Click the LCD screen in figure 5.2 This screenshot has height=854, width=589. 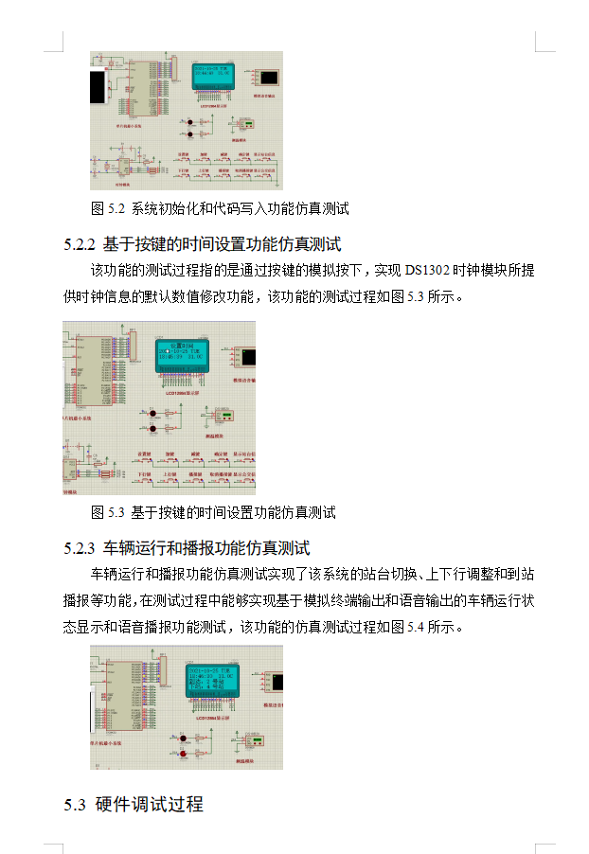(x=218, y=77)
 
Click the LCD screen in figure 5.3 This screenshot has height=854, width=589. (x=182, y=354)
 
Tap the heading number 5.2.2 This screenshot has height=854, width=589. (x=80, y=243)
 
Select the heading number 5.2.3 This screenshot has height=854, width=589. (x=80, y=548)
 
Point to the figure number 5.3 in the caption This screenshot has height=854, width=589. (x=116, y=513)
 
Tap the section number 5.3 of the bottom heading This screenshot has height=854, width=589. (x=76, y=805)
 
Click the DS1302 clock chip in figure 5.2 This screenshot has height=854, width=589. (x=123, y=168)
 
